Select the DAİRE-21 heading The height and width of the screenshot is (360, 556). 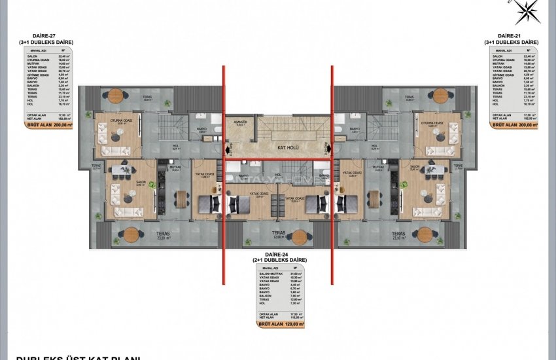point(512,37)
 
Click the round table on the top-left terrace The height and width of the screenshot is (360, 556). point(117,94)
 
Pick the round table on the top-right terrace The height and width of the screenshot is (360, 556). point(429,94)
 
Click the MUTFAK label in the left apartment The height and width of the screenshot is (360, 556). point(175,168)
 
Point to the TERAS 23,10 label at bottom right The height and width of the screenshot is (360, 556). point(400,236)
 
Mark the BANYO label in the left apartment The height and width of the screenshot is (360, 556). point(201,130)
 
